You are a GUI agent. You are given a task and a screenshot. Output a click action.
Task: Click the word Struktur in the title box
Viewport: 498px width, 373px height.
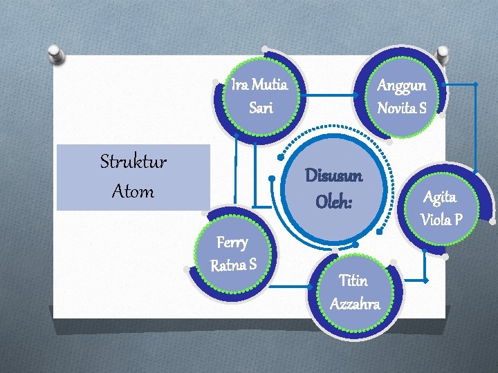click(133, 163)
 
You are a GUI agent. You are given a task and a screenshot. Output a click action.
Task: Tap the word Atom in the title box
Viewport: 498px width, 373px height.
click(133, 191)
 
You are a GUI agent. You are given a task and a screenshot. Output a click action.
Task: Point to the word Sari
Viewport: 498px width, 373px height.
click(261, 108)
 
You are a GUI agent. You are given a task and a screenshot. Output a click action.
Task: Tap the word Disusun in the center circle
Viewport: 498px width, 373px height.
click(334, 176)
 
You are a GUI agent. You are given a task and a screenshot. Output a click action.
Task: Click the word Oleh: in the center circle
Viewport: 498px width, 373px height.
click(334, 202)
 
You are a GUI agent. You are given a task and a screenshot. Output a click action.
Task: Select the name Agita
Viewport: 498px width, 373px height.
click(440, 198)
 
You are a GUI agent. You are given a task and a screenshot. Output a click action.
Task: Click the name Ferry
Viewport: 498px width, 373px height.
click(232, 242)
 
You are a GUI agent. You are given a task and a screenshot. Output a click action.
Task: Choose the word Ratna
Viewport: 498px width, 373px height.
click(227, 265)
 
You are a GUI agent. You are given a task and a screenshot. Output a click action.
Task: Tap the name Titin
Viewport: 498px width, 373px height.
click(353, 280)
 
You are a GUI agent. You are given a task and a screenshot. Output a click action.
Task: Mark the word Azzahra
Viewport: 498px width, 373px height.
click(355, 304)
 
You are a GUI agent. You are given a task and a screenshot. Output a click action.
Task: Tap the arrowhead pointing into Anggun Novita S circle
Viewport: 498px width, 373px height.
click(443, 84)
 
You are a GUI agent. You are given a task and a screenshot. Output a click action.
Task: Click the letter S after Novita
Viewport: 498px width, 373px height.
click(422, 108)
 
